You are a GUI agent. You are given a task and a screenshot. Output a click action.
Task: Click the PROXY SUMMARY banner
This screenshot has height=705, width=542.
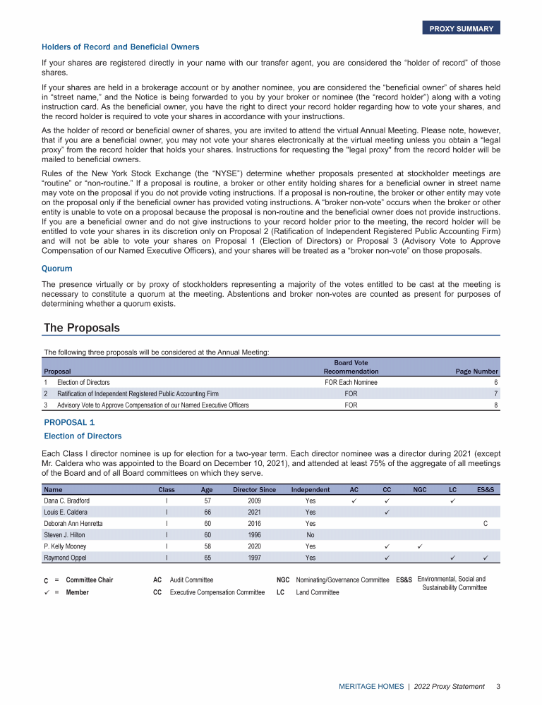(461, 28)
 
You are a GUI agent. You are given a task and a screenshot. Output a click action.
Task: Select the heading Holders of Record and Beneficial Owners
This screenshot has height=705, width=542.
(121, 47)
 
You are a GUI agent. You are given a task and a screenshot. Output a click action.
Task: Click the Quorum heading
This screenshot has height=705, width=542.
(56, 268)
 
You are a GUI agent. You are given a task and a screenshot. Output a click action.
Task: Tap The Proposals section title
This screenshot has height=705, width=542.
(82, 328)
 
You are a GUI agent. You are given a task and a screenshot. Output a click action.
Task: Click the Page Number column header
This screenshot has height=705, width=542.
(476, 372)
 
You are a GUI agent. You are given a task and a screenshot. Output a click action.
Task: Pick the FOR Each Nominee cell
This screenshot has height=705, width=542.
(351, 382)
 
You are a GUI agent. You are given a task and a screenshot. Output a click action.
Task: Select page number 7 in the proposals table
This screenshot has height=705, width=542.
(496, 393)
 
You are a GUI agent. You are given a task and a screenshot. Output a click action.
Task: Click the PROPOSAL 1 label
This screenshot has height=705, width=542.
(69, 422)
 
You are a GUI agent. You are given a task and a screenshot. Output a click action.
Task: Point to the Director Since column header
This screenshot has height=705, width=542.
(254, 489)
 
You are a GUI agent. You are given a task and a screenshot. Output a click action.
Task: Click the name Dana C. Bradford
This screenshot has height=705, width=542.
(67, 501)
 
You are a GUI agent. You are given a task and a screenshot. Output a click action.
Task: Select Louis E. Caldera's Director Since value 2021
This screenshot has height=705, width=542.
(254, 512)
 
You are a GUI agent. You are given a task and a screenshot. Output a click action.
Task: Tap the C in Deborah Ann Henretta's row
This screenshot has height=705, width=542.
(486, 523)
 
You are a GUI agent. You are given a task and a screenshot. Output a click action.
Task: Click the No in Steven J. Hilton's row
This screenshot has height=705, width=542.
(311, 534)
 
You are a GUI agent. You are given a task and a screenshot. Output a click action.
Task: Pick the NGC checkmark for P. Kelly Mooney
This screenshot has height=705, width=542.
(419, 546)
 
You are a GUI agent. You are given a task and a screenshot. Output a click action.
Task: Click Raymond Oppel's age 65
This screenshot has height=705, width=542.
(207, 558)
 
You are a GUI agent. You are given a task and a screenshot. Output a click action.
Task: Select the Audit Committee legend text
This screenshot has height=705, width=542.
(192, 580)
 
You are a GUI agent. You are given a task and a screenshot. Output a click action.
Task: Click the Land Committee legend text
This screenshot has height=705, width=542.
(318, 592)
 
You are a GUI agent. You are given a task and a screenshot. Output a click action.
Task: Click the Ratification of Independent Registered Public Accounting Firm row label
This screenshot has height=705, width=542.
(138, 393)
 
